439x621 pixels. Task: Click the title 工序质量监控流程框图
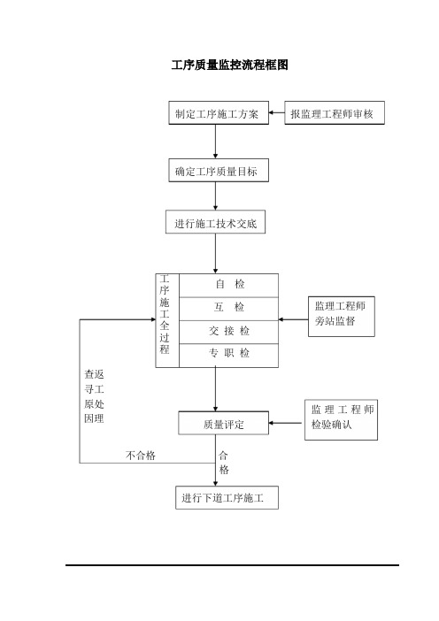pos(229,65)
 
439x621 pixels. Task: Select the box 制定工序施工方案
pos(219,113)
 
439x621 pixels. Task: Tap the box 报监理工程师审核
pos(335,113)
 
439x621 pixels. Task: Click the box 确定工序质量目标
pos(219,171)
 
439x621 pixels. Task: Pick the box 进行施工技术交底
pos(216,222)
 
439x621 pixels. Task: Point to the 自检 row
pos(228,285)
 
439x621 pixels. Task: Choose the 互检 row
pos(228,309)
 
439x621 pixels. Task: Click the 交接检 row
pos(228,332)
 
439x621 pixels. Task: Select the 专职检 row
pos(228,356)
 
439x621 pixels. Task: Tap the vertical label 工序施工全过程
pos(165,315)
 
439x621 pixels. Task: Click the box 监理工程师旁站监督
pos(342,317)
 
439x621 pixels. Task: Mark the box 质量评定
pos(223,423)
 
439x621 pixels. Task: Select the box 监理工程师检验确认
pos(341,420)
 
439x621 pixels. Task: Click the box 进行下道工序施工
pos(227,497)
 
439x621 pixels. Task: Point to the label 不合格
pos(141,455)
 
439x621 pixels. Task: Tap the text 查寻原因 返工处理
pos(95,396)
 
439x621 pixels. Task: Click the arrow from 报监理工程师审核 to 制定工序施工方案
pos(276,113)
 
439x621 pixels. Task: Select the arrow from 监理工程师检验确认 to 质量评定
pos(286,423)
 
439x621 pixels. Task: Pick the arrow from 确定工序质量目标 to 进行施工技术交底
pos(216,196)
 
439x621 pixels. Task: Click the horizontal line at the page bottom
pos(232,565)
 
